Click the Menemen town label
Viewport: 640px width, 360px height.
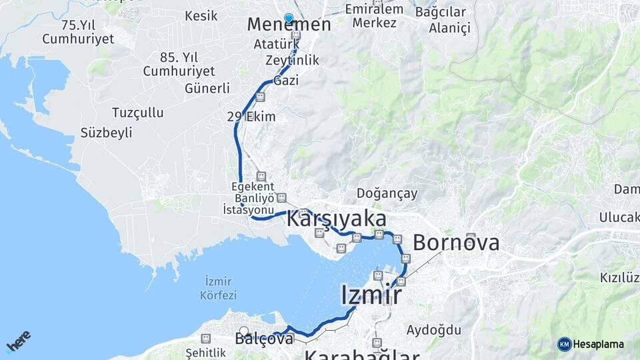click(289, 25)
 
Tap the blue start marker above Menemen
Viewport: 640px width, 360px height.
click(289, 18)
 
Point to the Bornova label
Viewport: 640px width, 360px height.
click(456, 243)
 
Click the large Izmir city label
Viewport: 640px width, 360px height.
click(371, 295)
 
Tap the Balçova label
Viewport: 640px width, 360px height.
click(264, 339)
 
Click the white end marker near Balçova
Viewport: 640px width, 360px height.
click(244, 331)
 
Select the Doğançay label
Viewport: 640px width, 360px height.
click(387, 193)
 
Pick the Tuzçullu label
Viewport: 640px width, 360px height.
click(138, 112)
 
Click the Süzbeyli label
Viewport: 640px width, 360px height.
click(106, 133)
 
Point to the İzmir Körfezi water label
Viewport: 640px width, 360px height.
click(218, 287)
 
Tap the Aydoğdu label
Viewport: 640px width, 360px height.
click(434, 329)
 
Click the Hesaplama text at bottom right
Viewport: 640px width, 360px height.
click(599, 344)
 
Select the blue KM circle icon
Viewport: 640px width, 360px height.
click(565, 344)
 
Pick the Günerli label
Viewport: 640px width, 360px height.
click(207, 88)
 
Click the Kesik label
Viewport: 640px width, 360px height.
click(201, 15)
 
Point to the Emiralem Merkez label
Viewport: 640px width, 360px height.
click(375, 16)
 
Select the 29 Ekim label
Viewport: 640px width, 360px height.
click(251, 117)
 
